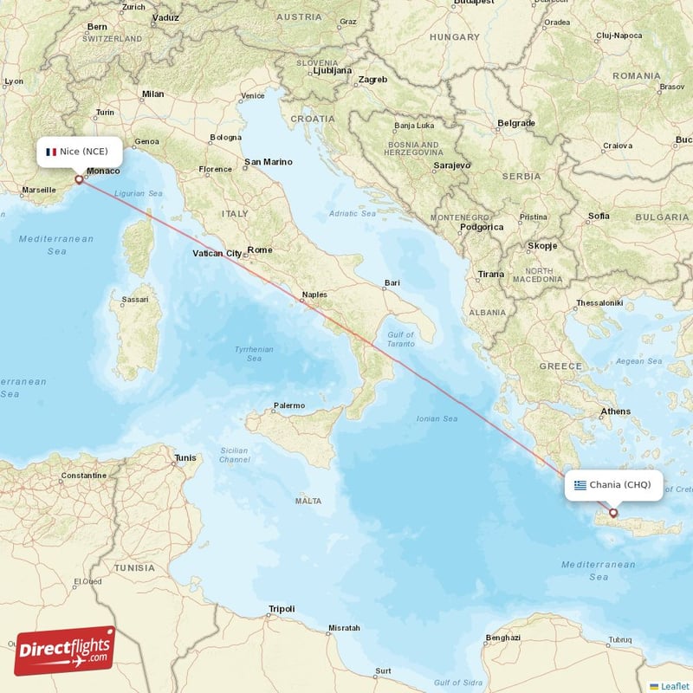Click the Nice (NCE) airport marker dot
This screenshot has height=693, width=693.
(x=80, y=180)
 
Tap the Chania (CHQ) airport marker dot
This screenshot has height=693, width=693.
(x=613, y=513)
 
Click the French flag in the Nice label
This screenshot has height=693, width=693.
(x=51, y=152)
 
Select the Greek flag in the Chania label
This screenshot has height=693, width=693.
(x=580, y=485)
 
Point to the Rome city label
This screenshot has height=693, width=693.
(x=260, y=249)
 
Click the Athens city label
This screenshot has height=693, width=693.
(x=616, y=411)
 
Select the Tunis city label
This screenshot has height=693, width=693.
(x=185, y=457)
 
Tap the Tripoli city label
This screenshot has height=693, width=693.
(x=282, y=608)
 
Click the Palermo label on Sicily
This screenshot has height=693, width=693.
(x=289, y=405)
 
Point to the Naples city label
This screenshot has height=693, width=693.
(x=314, y=295)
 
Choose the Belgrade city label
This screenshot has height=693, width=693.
(x=517, y=123)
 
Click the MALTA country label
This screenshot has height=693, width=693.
(x=308, y=501)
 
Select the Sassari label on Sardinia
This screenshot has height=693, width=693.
(x=134, y=300)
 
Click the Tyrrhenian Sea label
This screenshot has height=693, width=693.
(x=254, y=353)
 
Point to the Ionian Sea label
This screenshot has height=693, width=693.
(x=438, y=418)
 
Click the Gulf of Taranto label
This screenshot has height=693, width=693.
(x=401, y=339)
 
